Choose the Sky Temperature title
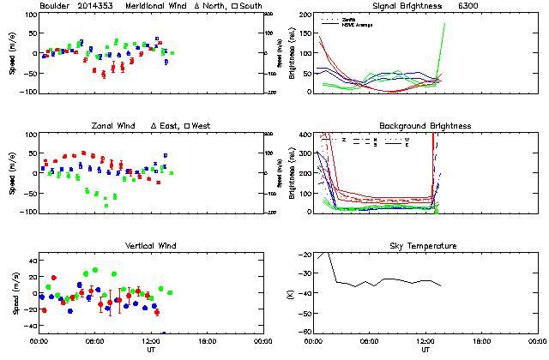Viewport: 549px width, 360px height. tap(425, 246)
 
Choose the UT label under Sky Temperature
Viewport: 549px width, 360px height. tap(425, 350)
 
